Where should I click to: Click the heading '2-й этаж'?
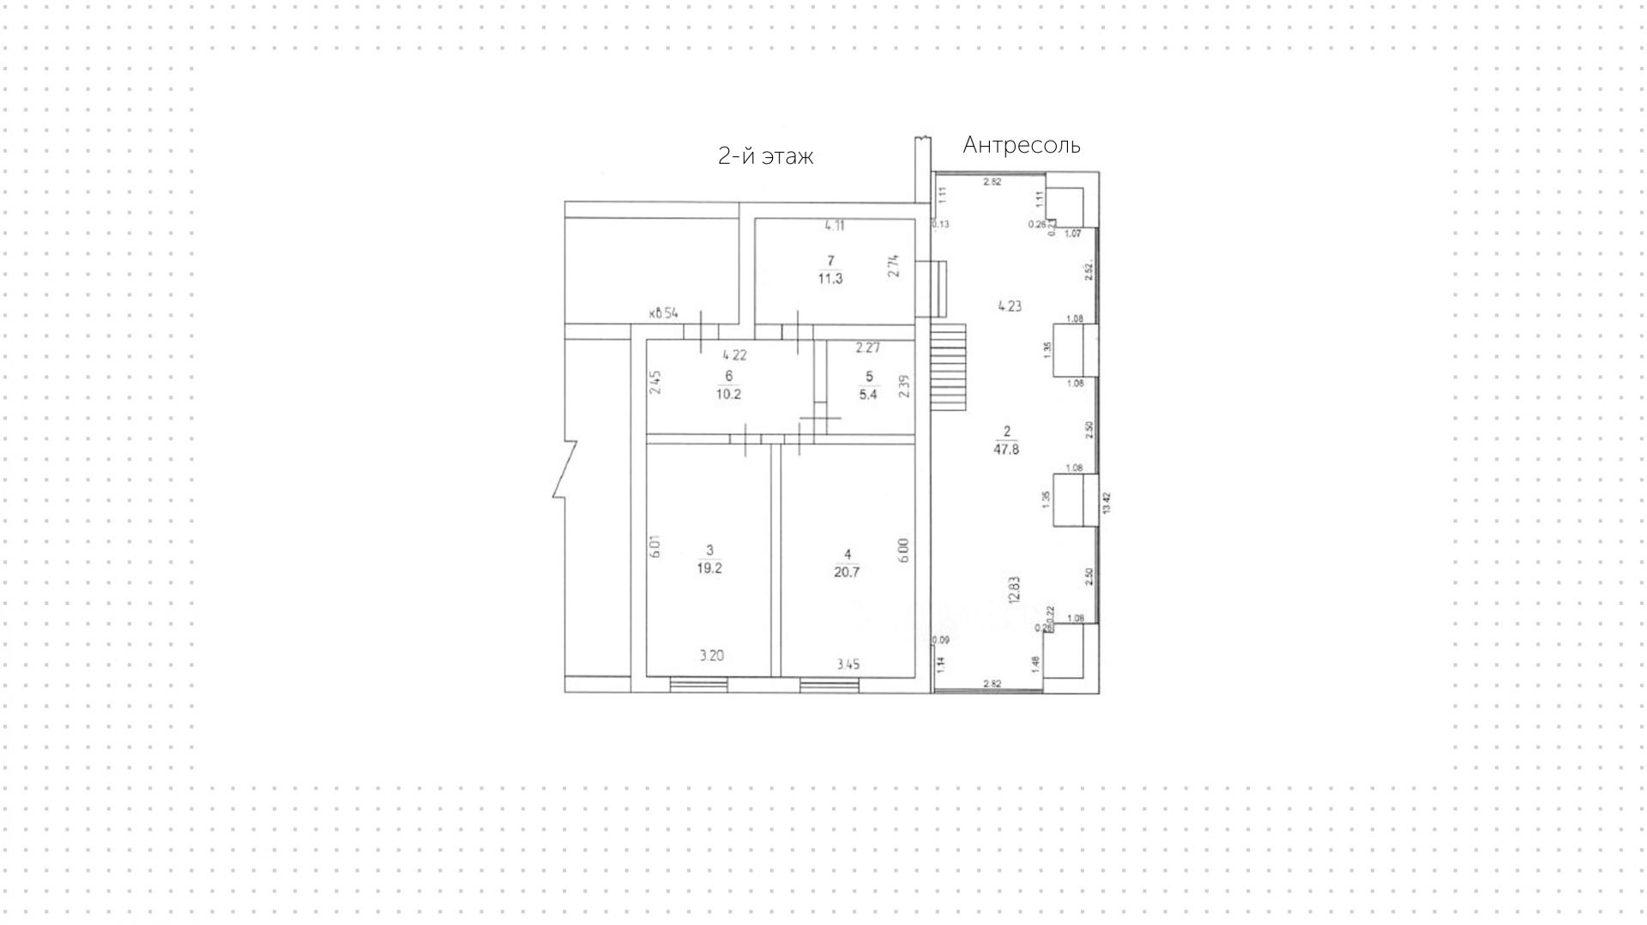tap(765, 156)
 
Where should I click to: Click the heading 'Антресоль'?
tap(1021, 145)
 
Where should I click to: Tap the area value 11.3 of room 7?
tap(830, 278)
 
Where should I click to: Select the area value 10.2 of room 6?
tap(728, 395)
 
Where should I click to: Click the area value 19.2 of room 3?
tap(709, 568)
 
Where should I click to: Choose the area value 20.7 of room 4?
tap(846, 572)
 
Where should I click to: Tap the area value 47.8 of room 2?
tap(1006, 449)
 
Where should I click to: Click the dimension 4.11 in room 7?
tap(835, 227)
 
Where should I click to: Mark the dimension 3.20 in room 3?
tap(711, 656)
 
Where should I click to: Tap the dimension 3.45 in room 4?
tap(848, 664)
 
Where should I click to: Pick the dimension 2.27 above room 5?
tap(867, 348)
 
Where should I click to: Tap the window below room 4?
tap(830, 685)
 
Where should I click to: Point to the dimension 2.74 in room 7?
tap(894, 268)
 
